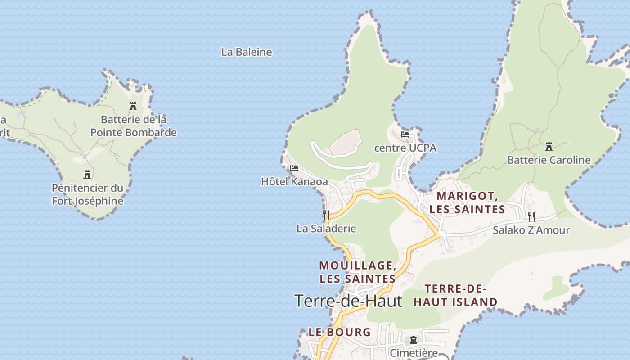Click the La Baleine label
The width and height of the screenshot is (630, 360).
[x=247, y=52]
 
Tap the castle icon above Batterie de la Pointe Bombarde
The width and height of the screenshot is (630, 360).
[x=133, y=106]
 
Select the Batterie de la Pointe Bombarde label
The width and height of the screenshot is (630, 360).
[x=134, y=126]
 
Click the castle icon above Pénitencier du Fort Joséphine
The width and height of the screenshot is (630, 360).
[x=88, y=175]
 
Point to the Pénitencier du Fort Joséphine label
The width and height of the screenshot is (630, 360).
[x=87, y=194]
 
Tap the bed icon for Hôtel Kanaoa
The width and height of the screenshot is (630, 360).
[x=294, y=169]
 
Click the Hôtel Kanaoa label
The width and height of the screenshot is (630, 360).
[x=294, y=182]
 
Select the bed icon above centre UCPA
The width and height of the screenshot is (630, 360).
[x=405, y=135]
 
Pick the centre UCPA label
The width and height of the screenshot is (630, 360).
[x=405, y=148]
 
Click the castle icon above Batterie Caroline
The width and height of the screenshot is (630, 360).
[x=549, y=147]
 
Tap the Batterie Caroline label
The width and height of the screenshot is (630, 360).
[x=549, y=160]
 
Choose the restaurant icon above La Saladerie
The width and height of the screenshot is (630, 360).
[x=326, y=215]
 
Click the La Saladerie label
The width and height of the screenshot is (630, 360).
[x=326, y=229]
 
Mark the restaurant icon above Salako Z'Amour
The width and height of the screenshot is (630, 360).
[x=531, y=217]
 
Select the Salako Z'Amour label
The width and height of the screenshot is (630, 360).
[x=531, y=230]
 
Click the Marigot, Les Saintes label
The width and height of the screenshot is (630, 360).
[x=467, y=202]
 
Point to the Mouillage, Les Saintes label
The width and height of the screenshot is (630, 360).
[x=358, y=272]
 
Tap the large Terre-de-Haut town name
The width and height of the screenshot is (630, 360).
[x=348, y=301]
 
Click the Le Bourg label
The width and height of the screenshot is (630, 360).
[x=340, y=332]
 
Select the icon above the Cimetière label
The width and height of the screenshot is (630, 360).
[x=414, y=340]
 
